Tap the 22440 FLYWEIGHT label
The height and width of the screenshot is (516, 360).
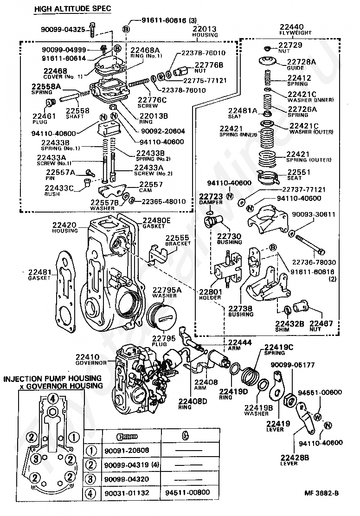point(291,30)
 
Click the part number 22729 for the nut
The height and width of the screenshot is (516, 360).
point(290,45)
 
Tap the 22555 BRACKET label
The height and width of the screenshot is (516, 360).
point(178,240)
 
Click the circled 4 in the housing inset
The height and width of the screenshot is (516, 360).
point(53,398)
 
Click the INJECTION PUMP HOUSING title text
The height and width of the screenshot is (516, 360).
point(52,379)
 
